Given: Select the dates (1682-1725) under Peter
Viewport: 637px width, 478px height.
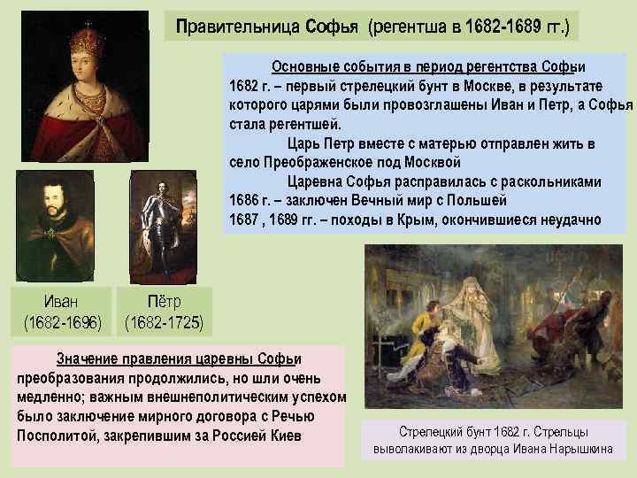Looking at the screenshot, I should (x=164, y=320).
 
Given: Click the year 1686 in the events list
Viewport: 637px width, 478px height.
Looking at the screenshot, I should (x=245, y=200).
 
